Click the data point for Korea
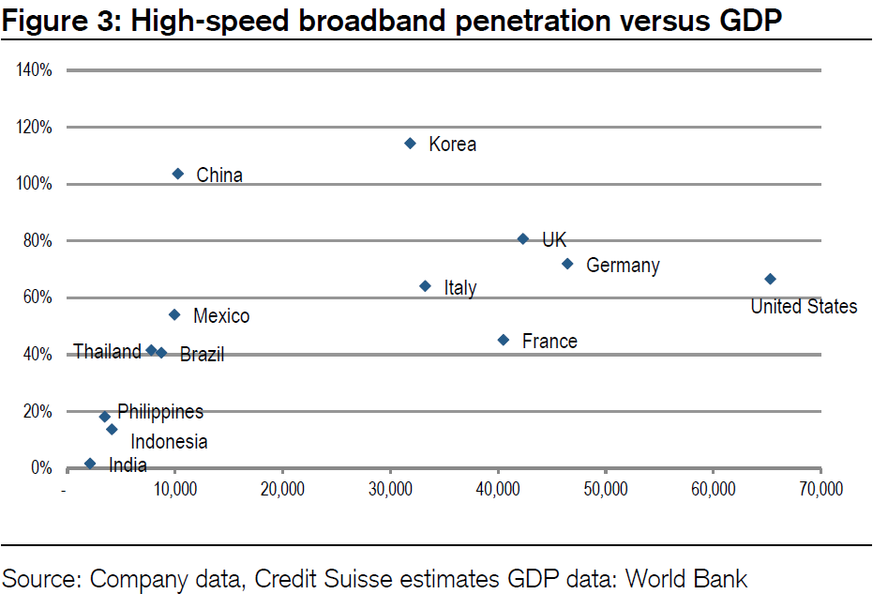(410, 143)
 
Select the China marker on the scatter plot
(178, 174)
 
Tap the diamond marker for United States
(770, 279)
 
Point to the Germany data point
(567, 264)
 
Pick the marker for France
(504, 340)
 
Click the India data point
(90, 464)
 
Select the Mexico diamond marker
(174, 314)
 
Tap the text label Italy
(460, 287)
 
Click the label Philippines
(160, 411)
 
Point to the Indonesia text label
(169, 441)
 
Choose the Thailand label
(107, 352)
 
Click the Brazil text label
(202, 355)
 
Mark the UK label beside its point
(554, 240)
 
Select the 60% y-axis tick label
(36, 297)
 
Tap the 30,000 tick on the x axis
(389, 490)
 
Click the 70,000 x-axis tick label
(820, 490)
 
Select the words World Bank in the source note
(687, 578)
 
